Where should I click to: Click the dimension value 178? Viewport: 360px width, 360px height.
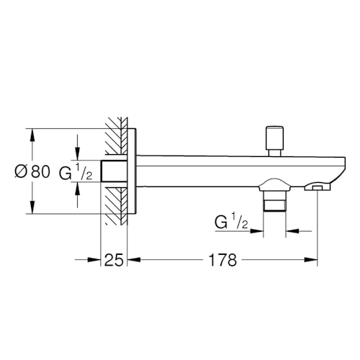[x=222, y=260]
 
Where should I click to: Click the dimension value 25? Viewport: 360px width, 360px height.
[x=114, y=260]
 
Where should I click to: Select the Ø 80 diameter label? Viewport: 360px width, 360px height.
[x=32, y=171]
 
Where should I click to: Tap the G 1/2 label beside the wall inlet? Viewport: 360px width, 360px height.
[x=76, y=172]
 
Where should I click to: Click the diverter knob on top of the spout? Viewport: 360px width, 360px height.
[x=274, y=141]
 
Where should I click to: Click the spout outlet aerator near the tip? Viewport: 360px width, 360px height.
[x=318, y=186]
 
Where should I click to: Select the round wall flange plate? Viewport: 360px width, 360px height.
[x=132, y=171]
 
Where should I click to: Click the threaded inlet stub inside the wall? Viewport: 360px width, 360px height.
[x=114, y=171]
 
